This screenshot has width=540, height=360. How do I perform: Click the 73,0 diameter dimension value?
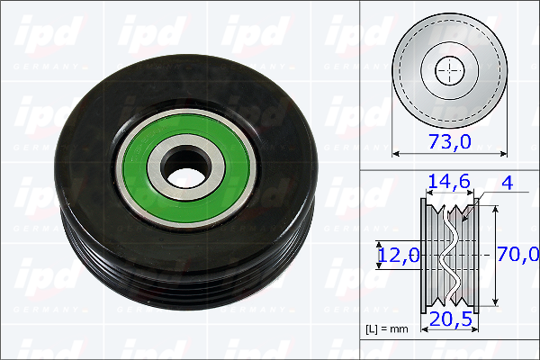coord(449,141)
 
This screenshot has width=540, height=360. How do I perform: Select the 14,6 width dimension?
coord(449,181)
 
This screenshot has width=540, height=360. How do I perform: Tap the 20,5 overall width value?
coord(451,319)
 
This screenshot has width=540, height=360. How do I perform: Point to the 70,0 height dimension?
coord(518,254)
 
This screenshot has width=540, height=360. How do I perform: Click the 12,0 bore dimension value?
coord(399,256)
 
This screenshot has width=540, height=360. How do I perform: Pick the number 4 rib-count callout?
coord(508,183)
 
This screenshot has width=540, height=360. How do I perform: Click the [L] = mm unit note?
coord(386,329)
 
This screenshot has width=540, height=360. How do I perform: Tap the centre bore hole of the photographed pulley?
coord(185,166)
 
